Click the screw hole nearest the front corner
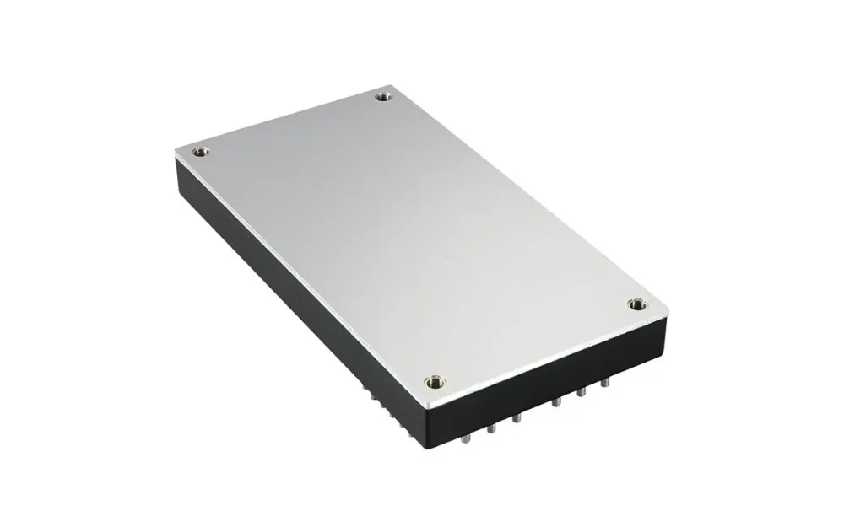tap(435, 383)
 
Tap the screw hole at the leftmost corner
tap(200, 153)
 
